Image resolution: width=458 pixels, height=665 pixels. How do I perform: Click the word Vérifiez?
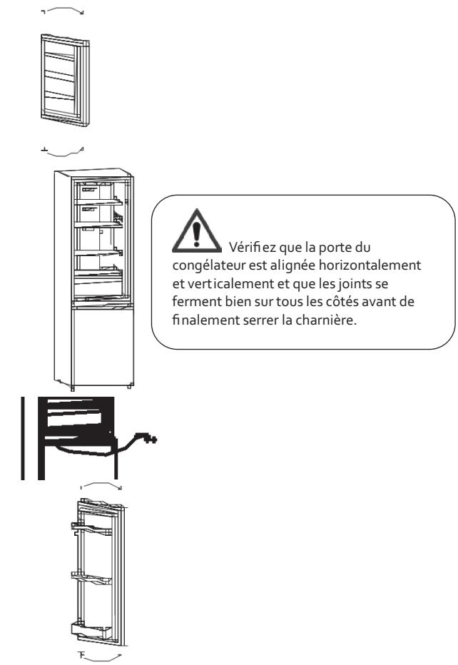coord(246,248)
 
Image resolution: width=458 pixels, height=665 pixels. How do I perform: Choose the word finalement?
coord(189,317)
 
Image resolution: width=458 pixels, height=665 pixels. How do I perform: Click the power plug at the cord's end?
coord(151,437)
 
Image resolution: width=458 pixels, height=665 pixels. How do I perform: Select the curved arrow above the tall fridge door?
coord(101,485)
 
